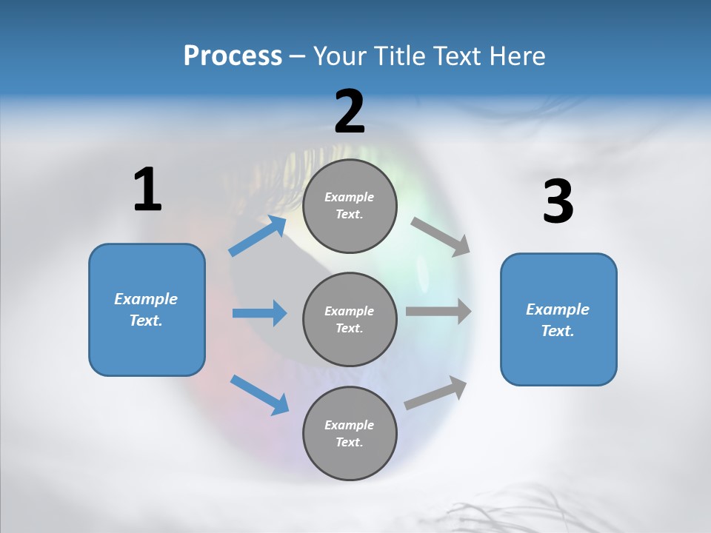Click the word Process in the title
point(233,56)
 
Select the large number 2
point(350,112)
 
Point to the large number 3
point(558,202)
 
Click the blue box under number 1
point(147,309)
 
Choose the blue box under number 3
point(558,319)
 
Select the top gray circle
point(350,206)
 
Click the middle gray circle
point(350,319)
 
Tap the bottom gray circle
point(350,433)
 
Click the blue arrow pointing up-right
point(258,236)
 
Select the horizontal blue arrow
point(259,313)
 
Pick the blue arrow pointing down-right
point(260,395)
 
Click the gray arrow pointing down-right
point(441,236)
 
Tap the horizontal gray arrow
point(438,311)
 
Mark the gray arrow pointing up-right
point(436,393)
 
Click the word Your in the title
point(338,56)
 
